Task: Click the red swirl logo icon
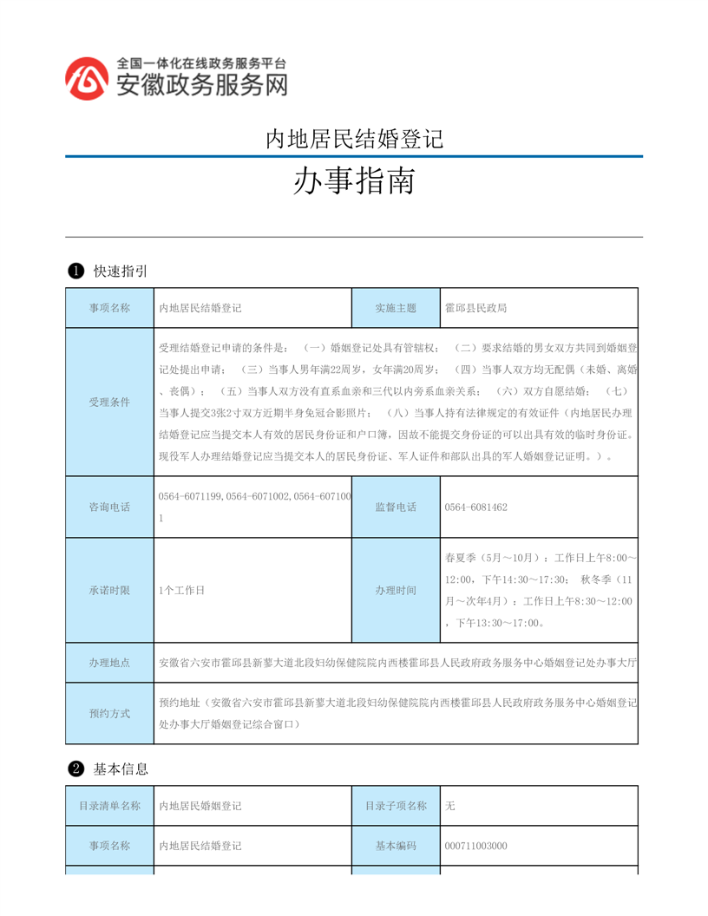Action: point(88,78)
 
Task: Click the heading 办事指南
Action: point(353,181)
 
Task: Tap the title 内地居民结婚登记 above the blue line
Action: point(353,139)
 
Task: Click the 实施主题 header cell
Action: point(396,308)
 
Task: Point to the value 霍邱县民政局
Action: point(475,308)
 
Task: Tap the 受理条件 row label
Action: point(109,402)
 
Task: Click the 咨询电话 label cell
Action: point(109,507)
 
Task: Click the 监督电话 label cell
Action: point(396,507)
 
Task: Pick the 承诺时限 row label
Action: point(109,590)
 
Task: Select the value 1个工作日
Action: point(182,590)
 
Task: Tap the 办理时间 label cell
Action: point(396,590)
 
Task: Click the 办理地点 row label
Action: point(109,663)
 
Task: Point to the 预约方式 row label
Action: point(109,713)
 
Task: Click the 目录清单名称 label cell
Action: point(109,806)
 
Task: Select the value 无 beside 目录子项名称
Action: point(449,806)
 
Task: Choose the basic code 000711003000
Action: point(475,846)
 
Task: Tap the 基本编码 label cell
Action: point(396,846)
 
